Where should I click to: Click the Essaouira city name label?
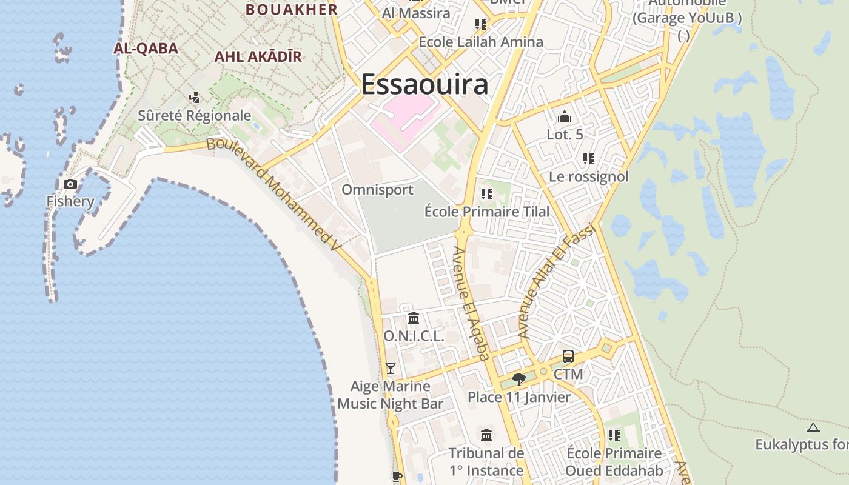(x=424, y=84)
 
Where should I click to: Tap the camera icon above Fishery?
(x=70, y=184)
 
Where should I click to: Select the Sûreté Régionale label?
(x=194, y=115)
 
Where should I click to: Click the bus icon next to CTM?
(x=568, y=356)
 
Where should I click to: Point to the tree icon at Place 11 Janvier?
(x=518, y=380)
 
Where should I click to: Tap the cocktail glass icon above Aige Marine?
(x=391, y=368)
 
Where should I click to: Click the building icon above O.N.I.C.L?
(x=414, y=318)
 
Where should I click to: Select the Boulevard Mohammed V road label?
(x=273, y=193)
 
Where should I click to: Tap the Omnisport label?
(x=377, y=190)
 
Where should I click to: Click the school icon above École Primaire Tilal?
(x=486, y=194)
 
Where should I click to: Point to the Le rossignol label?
(x=588, y=176)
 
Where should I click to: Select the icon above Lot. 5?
(x=565, y=116)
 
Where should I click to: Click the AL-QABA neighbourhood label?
(x=146, y=48)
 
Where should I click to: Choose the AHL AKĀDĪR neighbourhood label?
(x=258, y=57)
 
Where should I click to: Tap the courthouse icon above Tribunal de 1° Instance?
(x=486, y=435)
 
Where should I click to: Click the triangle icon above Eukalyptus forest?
(x=813, y=427)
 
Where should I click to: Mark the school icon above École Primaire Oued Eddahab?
(x=614, y=435)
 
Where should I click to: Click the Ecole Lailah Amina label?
(x=481, y=42)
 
